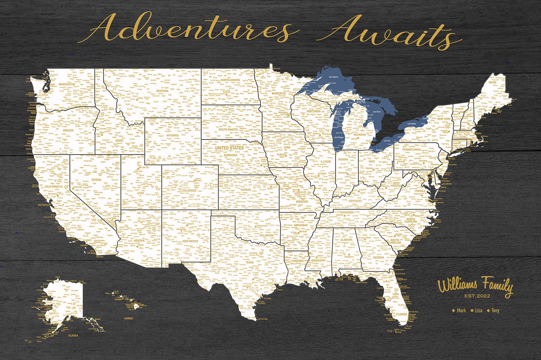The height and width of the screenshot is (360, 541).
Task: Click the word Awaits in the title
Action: tap(388, 33)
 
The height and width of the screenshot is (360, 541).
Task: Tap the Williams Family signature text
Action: tap(475, 286)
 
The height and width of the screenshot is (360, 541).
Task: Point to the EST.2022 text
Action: tap(477, 296)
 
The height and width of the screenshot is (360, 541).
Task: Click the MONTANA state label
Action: tap(162, 91)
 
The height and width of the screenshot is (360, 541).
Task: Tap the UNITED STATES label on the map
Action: tap(229, 148)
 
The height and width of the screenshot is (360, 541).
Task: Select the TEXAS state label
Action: tap(250, 262)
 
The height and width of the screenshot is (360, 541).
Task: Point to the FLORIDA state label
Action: tap(402, 314)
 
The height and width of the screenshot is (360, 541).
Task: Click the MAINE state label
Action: tap(493, 82)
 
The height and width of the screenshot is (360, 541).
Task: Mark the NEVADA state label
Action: tap(96, 180)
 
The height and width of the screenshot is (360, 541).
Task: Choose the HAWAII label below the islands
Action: tap(128, 318)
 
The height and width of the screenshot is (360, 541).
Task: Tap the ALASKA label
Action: tap(73, 335)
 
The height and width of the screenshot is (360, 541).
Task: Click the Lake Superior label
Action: tap(333, 77)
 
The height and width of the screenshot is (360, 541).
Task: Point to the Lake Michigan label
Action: tap(339, 137)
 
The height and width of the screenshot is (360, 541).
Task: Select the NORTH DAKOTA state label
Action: tap(230, 80)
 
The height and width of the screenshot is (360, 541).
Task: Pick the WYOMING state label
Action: tap(172, 135)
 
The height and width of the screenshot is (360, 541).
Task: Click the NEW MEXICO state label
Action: tap(190, 241)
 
